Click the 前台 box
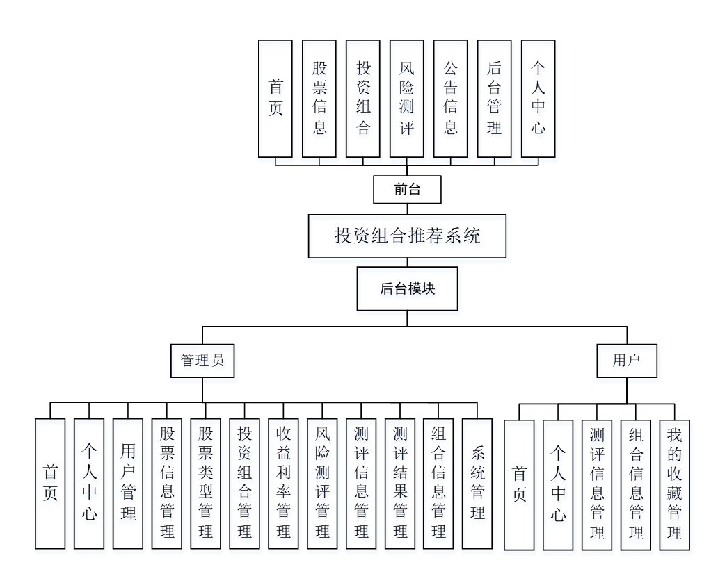(x=407, y=189)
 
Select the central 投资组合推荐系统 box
(x=407, y=236)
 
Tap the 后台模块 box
(x=407, y=288)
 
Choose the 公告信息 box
(x=451, y=98)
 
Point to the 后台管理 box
(x=495, y=98)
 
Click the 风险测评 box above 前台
(x=407, y=98)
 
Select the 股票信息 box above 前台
(x=319, y=98)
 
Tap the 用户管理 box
(x=128, y=483)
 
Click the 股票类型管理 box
(x=206, y=483)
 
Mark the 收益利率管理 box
(x=284, y=483)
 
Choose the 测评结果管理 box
(x=400, y=483)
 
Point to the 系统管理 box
(x=477, y=483)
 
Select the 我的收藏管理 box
(x=674, y=484)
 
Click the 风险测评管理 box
(x=322, y=483)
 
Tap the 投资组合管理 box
(x=245, y=483)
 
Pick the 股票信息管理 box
(x=167, y=483)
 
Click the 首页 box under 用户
(x=519, y=484)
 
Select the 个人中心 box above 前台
(x=538, y=98)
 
